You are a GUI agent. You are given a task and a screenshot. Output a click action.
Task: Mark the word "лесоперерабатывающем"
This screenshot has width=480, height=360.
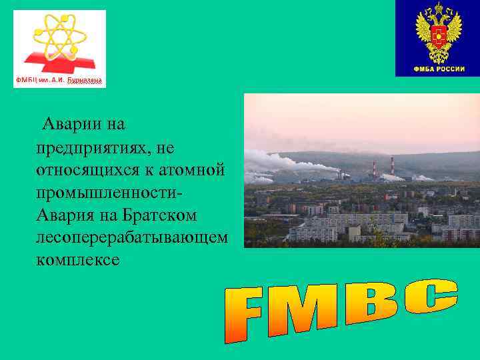(x=132, y=238)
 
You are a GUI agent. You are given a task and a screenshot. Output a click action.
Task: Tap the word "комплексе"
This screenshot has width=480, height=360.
(x=79, y=261)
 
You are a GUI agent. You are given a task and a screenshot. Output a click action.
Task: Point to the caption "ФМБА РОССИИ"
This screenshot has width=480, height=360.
(x=438, y=69)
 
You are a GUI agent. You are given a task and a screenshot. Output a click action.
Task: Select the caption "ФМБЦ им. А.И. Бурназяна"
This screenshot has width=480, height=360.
(x=59, y=81)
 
